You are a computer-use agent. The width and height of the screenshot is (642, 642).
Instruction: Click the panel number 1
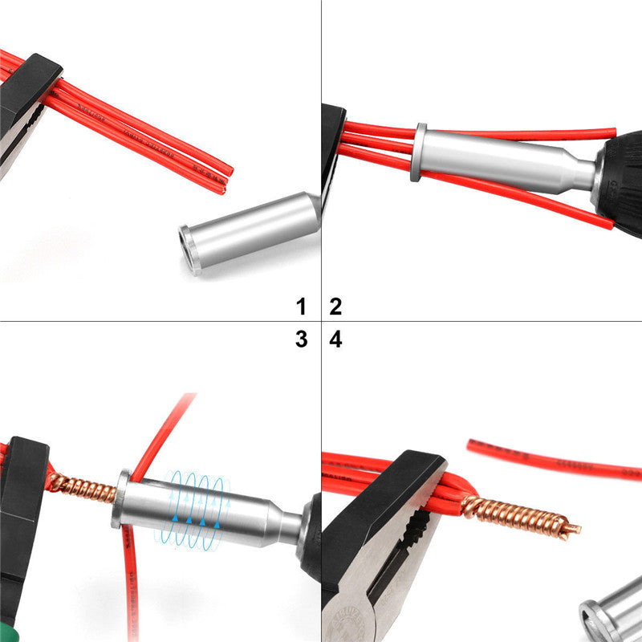[301, 306]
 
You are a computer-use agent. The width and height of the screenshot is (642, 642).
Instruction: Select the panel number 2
[335, 306]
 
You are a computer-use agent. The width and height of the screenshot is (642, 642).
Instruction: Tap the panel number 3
[301, 339]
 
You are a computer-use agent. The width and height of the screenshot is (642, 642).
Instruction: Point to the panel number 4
[335, 339]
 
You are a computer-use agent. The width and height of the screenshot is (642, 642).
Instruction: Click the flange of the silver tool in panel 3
[122, 498]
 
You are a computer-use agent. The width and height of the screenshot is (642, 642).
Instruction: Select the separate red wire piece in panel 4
[554, 460]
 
